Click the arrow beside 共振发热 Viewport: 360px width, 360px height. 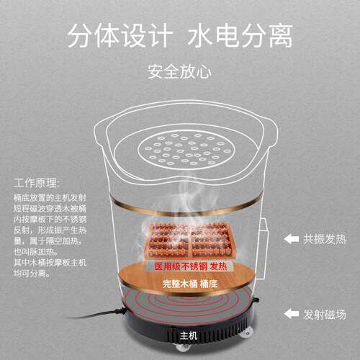[x=291, y=238]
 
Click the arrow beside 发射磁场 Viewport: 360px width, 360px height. [x=291, y=313]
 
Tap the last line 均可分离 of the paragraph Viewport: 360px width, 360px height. [x=29, y=274]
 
